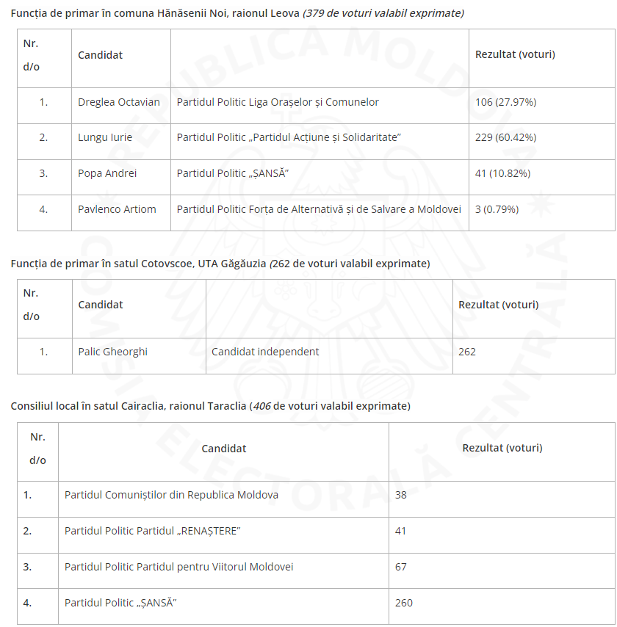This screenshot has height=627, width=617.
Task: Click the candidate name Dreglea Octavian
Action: click(x=119, y=102)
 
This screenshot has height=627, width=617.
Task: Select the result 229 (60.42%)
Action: click(x=505, y=137)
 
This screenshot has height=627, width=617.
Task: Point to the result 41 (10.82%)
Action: click(x=502, y=173)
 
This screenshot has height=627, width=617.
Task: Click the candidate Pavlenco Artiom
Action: click(x=117, y=209)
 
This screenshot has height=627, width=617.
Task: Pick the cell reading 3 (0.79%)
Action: click(x=497, y=209)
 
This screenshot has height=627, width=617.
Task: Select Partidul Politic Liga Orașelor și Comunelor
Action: click(x=278, y=102)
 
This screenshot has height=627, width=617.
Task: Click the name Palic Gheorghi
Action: click(x=112, y=352)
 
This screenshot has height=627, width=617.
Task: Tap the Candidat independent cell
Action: click(x=265, y=352)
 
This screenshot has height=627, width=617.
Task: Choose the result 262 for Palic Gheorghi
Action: click(x=467, y=352)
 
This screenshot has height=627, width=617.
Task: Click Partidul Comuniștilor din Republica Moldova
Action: click(x=171, y=495)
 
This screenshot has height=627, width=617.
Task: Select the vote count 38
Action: click(x=400, y=495)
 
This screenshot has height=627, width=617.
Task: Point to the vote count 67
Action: click(x=400, y=567)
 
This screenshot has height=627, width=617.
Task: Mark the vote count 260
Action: click(x=403, y=603)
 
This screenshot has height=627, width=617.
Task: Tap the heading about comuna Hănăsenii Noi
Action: click(x=237, y=13)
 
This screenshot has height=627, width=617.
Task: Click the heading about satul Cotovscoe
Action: click(x=220, y=264)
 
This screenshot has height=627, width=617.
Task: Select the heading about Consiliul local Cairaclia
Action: click(x=210, y=406)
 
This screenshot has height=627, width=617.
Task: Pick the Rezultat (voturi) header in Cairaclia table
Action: click(x=502, y=447)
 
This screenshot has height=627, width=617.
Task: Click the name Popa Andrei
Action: click(x=107, y=173)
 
